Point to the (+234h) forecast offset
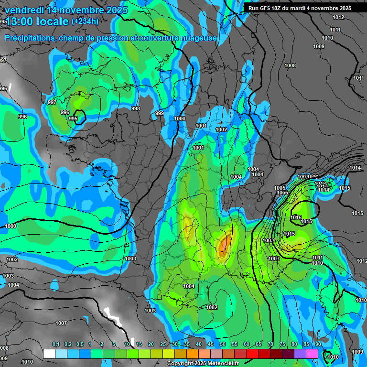[85, 21]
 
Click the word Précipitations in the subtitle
[29, 38]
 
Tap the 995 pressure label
[73, 119]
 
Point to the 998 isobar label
[136, 108]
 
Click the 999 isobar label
[160, 113]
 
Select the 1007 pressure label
[61, 324]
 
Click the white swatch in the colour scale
[49, 354]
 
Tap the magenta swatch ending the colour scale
[312, 354]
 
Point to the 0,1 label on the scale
[56, 345]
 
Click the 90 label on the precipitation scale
[318, 345]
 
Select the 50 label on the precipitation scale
[223, 345]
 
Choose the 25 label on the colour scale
[163, 345]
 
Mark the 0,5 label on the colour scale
[80, 345]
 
